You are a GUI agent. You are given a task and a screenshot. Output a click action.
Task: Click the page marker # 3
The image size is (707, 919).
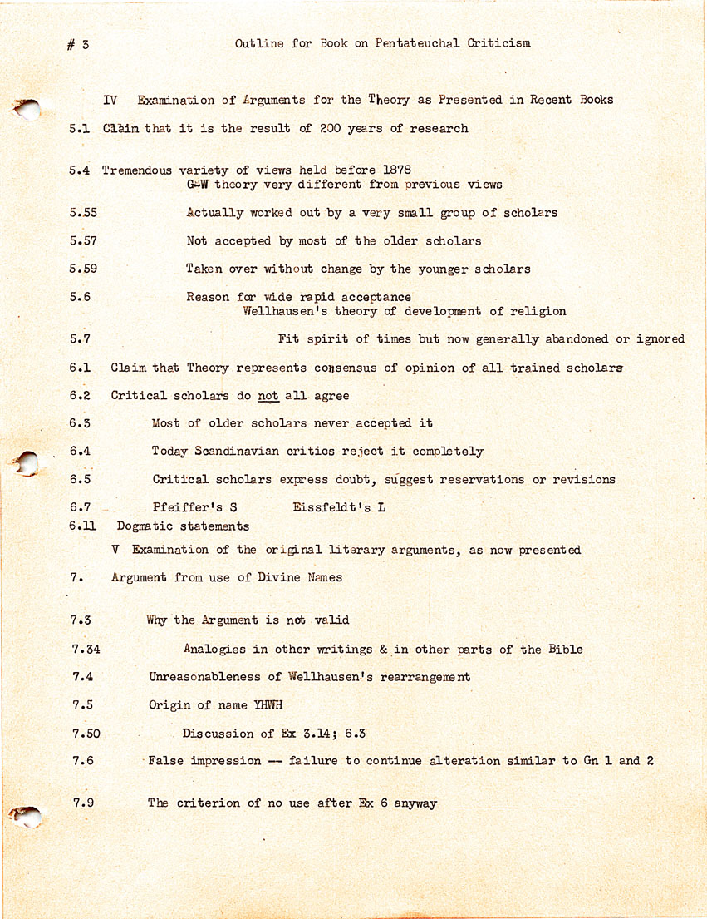78,45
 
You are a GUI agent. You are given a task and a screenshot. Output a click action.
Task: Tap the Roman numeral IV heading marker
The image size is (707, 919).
110,100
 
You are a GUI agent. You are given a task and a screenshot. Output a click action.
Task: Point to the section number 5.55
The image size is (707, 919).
84,213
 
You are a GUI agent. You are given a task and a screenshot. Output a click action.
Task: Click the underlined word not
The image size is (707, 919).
268,396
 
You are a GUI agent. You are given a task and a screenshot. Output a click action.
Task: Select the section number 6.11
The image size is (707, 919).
84,526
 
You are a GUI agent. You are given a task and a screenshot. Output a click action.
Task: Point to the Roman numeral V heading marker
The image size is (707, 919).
115,550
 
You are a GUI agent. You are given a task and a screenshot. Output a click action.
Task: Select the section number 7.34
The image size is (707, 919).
86,650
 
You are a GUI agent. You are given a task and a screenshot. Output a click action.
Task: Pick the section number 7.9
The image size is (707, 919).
83,803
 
